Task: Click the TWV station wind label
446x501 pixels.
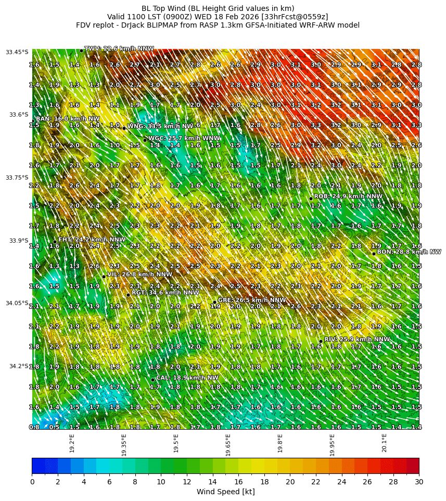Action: [119, 49]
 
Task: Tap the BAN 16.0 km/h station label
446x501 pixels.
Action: [68, 119]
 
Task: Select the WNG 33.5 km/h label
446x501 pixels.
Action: [162, 126]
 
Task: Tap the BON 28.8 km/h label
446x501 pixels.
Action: [409, 252]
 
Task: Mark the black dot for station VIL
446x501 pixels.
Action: [104, 277]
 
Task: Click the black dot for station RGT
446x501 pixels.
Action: [128, 295]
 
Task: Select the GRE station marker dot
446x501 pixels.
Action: [214, 302]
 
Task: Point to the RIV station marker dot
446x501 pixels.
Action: [321, 341]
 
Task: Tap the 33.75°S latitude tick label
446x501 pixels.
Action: [17, 178]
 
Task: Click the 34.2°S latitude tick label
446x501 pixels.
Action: [19, 366]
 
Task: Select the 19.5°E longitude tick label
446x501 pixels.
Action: [176, 443]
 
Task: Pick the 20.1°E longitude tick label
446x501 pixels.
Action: [384, 443]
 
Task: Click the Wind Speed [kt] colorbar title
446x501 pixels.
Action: [225, 492]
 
